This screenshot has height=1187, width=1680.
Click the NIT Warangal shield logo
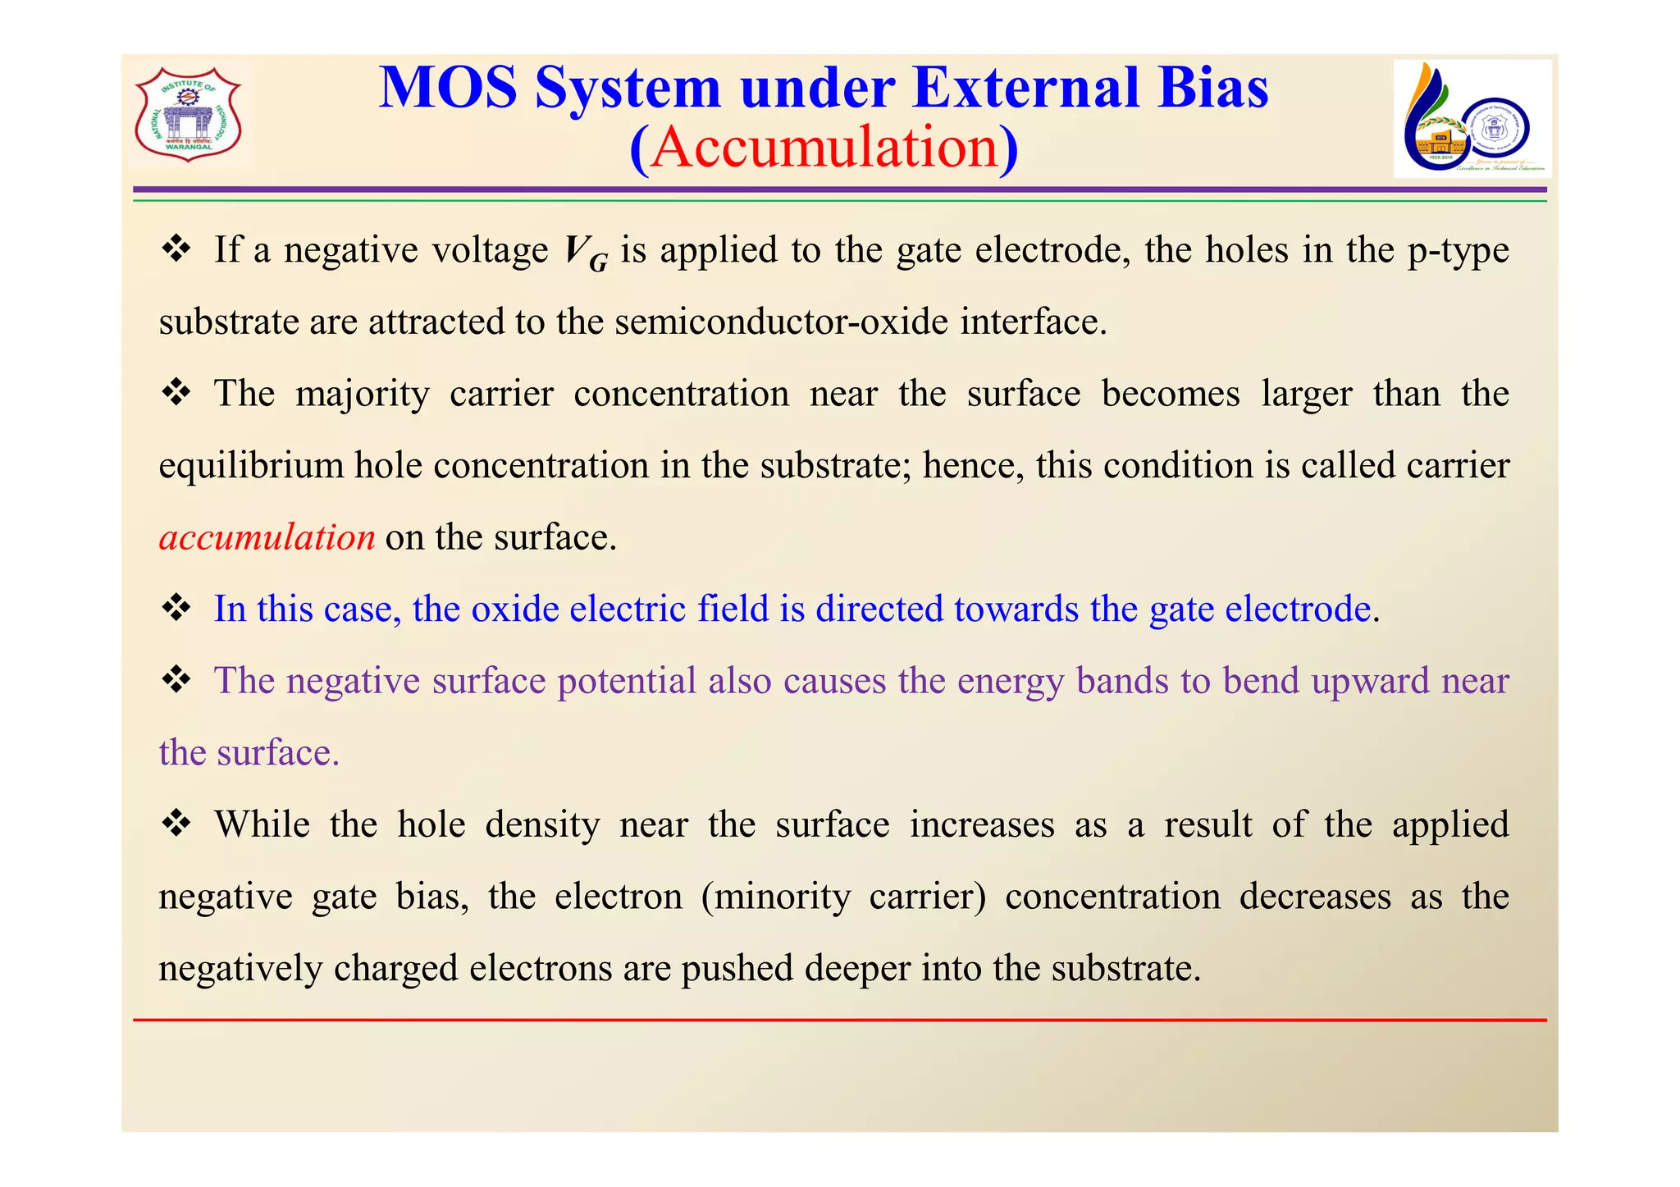point(189,115)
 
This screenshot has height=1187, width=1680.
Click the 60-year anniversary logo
point(1472,119)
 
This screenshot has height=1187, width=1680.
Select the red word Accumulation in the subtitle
point(824,148)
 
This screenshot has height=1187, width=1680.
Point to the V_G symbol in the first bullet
point(586,253)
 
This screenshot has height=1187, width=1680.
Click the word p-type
point(1458,250)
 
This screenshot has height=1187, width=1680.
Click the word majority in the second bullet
point(363,394)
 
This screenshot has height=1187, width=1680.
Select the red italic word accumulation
point(267,537)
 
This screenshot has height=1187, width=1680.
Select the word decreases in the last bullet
point(1314,896)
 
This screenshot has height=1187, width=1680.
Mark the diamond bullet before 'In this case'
point(176,608)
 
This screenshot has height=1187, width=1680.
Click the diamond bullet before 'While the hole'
point(176,823)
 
